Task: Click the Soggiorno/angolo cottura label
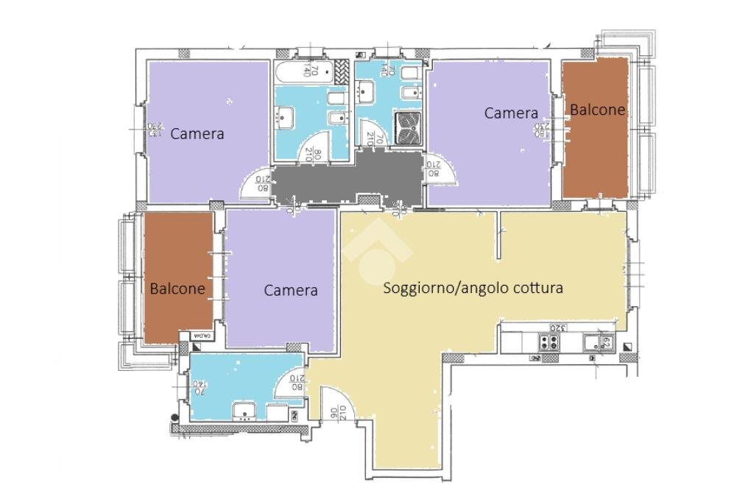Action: [x=473, y=288]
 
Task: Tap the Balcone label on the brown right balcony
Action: [x=597, y=110]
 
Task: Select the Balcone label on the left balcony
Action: [x=177, y=289]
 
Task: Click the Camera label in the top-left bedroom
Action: [x=197, y=134]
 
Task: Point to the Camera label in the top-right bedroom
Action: [x=510, y=113]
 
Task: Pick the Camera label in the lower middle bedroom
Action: [x=291, y=290]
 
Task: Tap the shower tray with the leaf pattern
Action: [x=406, y=126]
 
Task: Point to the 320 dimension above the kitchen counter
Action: [x=557, y=328]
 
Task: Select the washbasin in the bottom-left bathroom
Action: [x=243, y=411]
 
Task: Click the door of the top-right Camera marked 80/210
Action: [x=442, y=173]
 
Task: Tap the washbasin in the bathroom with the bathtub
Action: [x=285, y=116]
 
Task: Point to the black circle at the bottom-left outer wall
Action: [x=175, y=418]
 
